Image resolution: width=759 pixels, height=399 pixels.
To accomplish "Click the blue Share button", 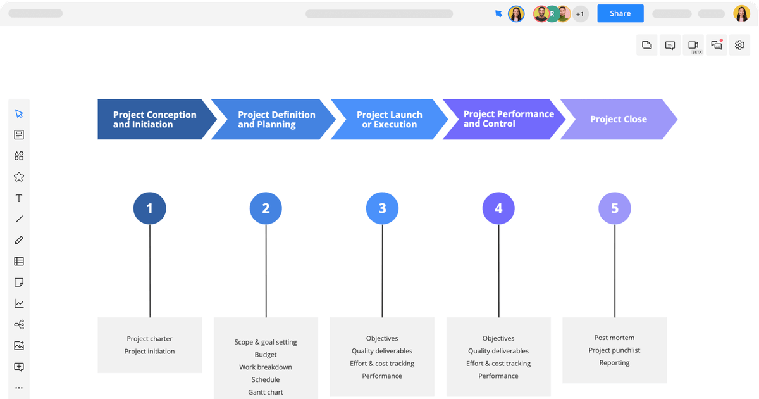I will (x=620, y=13).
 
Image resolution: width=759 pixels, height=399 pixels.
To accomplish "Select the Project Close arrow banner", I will (x=618, y=119).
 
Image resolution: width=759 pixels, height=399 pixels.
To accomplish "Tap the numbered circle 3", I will (x=382, y=208).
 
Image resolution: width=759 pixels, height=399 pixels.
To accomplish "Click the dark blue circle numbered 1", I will (x=149, y=208).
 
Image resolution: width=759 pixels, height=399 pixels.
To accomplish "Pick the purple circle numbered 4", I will (x=498, y=208).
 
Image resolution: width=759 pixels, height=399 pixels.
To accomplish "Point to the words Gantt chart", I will (x=266, y=392).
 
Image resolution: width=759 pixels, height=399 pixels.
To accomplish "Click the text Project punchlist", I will (x=614, y=350).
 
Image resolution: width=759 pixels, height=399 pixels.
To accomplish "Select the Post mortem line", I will (x=614, y=338).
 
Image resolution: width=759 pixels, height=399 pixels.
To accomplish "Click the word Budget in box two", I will (x=266, y=355).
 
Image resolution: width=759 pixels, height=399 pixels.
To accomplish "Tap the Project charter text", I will (x=149, y=339).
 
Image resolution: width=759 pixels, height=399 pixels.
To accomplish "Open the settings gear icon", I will (x=739, y=45).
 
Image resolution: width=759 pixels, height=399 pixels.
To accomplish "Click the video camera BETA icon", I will (x=693, y=46).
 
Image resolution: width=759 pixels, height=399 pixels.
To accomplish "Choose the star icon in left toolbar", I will (x=19, y=177).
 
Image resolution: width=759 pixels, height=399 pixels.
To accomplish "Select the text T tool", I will (x=19, y=198).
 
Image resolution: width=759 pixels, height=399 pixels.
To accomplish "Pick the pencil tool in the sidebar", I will (x=19, y=240).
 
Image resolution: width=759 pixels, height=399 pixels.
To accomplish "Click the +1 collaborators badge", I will (x=580, y=13).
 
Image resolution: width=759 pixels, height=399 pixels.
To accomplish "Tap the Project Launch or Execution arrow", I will (x=388, y=119).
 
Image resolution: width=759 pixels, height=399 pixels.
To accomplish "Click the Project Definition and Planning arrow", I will (x=276, y=119).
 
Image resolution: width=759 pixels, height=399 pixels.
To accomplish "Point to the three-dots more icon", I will (x=19, y=388).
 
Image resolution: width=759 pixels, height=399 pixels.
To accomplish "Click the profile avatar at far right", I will (x=741, y=13).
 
